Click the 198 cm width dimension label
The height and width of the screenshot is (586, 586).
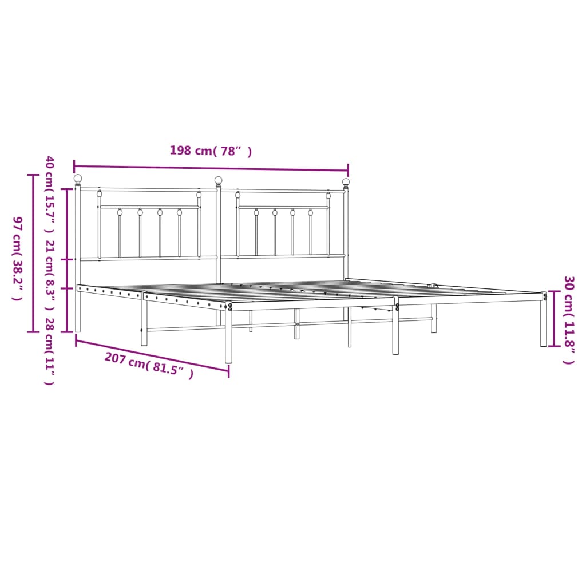[x=211, y=151]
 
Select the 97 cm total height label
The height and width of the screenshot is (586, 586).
[x=17, y=258]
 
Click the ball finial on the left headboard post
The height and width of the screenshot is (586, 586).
[x=78, y=179]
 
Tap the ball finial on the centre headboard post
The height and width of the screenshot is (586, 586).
[x=218, y=180]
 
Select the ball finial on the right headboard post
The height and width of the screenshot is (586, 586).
[x=346, y=182]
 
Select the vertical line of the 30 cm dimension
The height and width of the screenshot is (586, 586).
[x=553, y=319]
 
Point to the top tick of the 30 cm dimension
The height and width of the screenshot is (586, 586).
[x=553, y=292]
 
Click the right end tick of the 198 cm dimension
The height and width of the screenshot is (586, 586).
[x=348, y=170]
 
